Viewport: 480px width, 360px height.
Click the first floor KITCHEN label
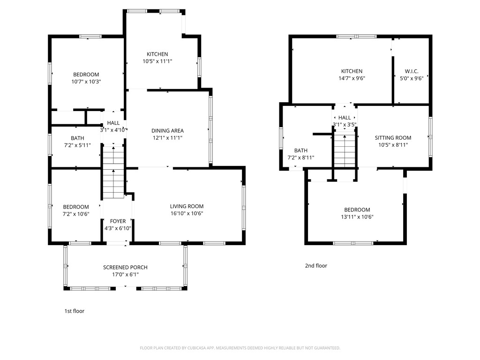tap(157, 54)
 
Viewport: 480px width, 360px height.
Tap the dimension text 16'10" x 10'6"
tap(187, 213)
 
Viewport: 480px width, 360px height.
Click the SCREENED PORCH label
tap(125, 267)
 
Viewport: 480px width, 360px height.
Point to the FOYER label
tap(118, 221)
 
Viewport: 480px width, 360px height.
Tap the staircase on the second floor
tap(345, 150)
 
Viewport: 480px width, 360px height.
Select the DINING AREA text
tap(167, 131)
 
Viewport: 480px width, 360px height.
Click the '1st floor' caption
tap(74, 311)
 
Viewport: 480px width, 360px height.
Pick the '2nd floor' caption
tap(316, 266)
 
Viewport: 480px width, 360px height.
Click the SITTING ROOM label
tap(393, 138)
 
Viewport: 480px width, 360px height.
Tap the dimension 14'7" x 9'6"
tap(352, 78)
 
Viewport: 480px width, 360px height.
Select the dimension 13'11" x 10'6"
tap(357, 217)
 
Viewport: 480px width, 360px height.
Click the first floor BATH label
tap(77, 138)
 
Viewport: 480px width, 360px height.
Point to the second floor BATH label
tap(301, 150)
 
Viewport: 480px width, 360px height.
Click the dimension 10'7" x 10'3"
tap(86, 82)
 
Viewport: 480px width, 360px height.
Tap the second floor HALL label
tap(345, 118)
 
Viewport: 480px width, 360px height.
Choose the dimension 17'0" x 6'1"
tap(125, 274)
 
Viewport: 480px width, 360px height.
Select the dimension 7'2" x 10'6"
tap(75, 214)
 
